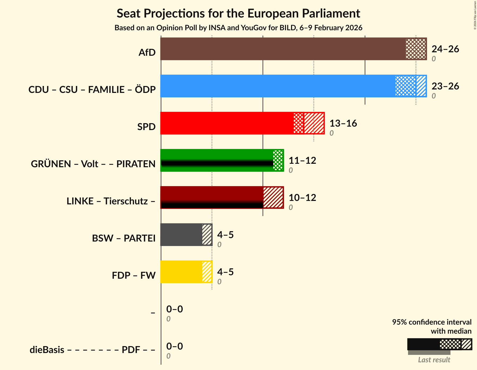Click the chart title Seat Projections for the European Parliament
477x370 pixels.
click(x=238, y=14)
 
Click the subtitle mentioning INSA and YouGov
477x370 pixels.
click(x=238, y=28)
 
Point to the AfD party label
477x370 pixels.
click(x=147, y=53)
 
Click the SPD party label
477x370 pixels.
click(x=146, y=127)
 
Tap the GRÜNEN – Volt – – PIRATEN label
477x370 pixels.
click(x=93, y=164)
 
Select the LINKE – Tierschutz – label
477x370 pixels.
click(x=111, y=201)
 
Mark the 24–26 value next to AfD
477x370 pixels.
click(x=445, y=49)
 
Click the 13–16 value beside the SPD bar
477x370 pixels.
click(x=343, y=123)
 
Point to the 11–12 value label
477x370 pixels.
click(x=302, y=161)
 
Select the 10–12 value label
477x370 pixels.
click(x=302, y=198)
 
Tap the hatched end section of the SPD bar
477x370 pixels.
click(x=314, y=123)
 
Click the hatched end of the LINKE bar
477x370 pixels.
click(x=273, y=197)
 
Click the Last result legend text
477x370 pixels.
click(x=434, y=360)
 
